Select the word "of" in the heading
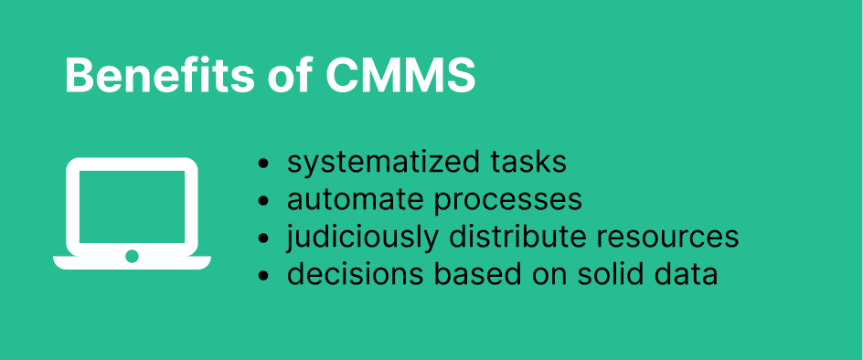click(x=291, y=76)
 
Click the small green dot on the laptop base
click(x=132, y=256)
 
